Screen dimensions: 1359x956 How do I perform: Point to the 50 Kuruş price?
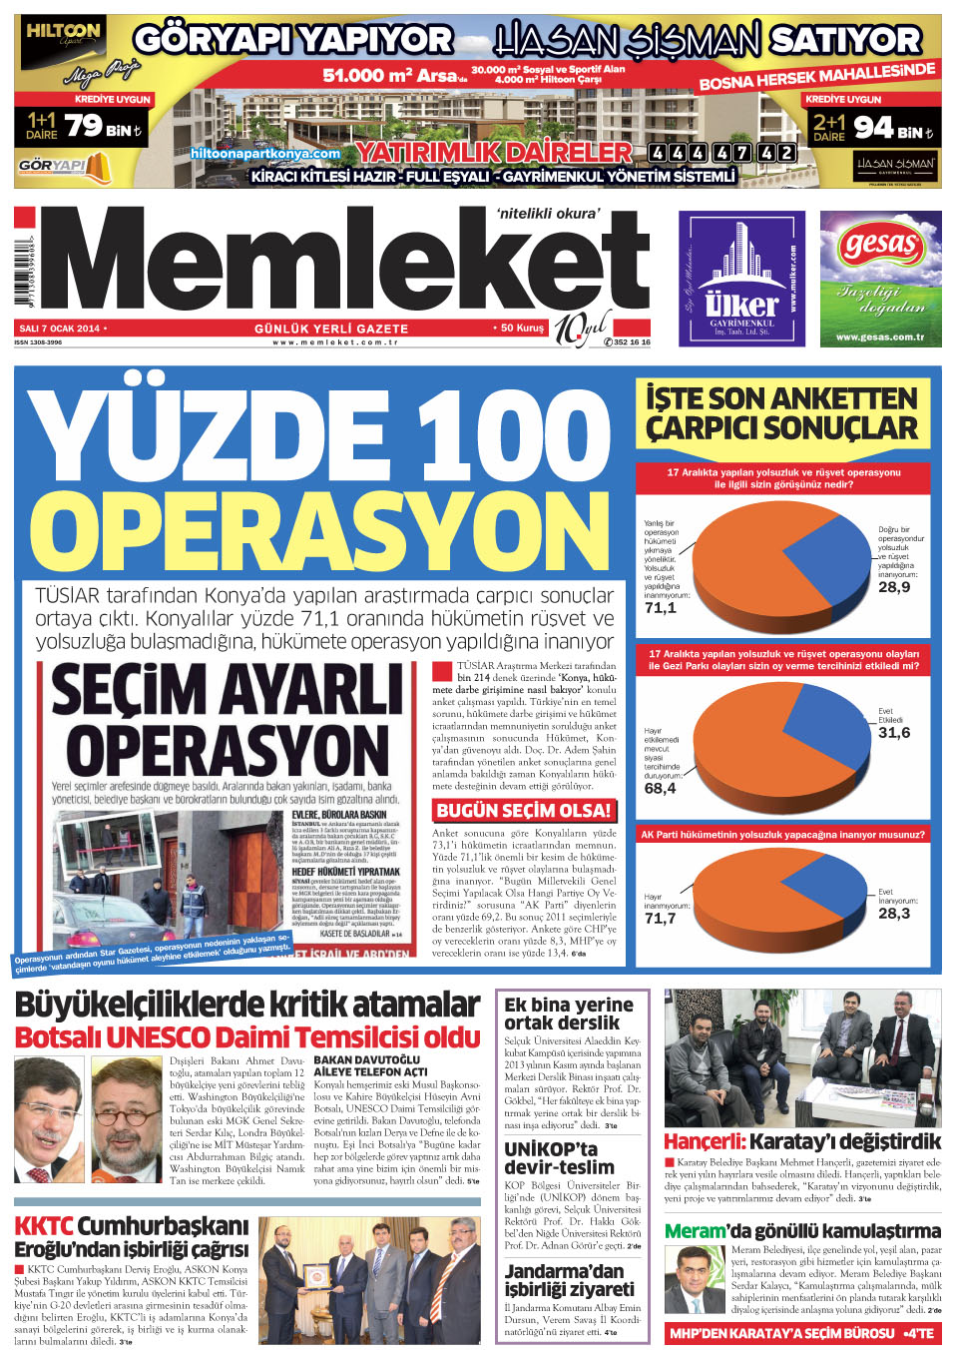click(521, 328)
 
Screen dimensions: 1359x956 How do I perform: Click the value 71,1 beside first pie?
click(660, 607)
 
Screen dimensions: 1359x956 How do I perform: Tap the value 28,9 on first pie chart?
click(894, 587)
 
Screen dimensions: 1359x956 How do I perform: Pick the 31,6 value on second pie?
click(894, 732)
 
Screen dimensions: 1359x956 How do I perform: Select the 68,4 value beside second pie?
click(660, 788)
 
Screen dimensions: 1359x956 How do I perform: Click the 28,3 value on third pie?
click(894, 913)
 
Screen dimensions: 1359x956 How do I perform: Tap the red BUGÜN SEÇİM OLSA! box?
click(523, 810)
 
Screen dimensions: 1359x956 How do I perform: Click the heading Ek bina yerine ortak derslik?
click(569, 1013)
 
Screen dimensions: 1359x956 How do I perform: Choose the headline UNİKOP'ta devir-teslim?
click(559, 1157)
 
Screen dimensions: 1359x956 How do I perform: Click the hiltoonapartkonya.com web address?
click(265, 154)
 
